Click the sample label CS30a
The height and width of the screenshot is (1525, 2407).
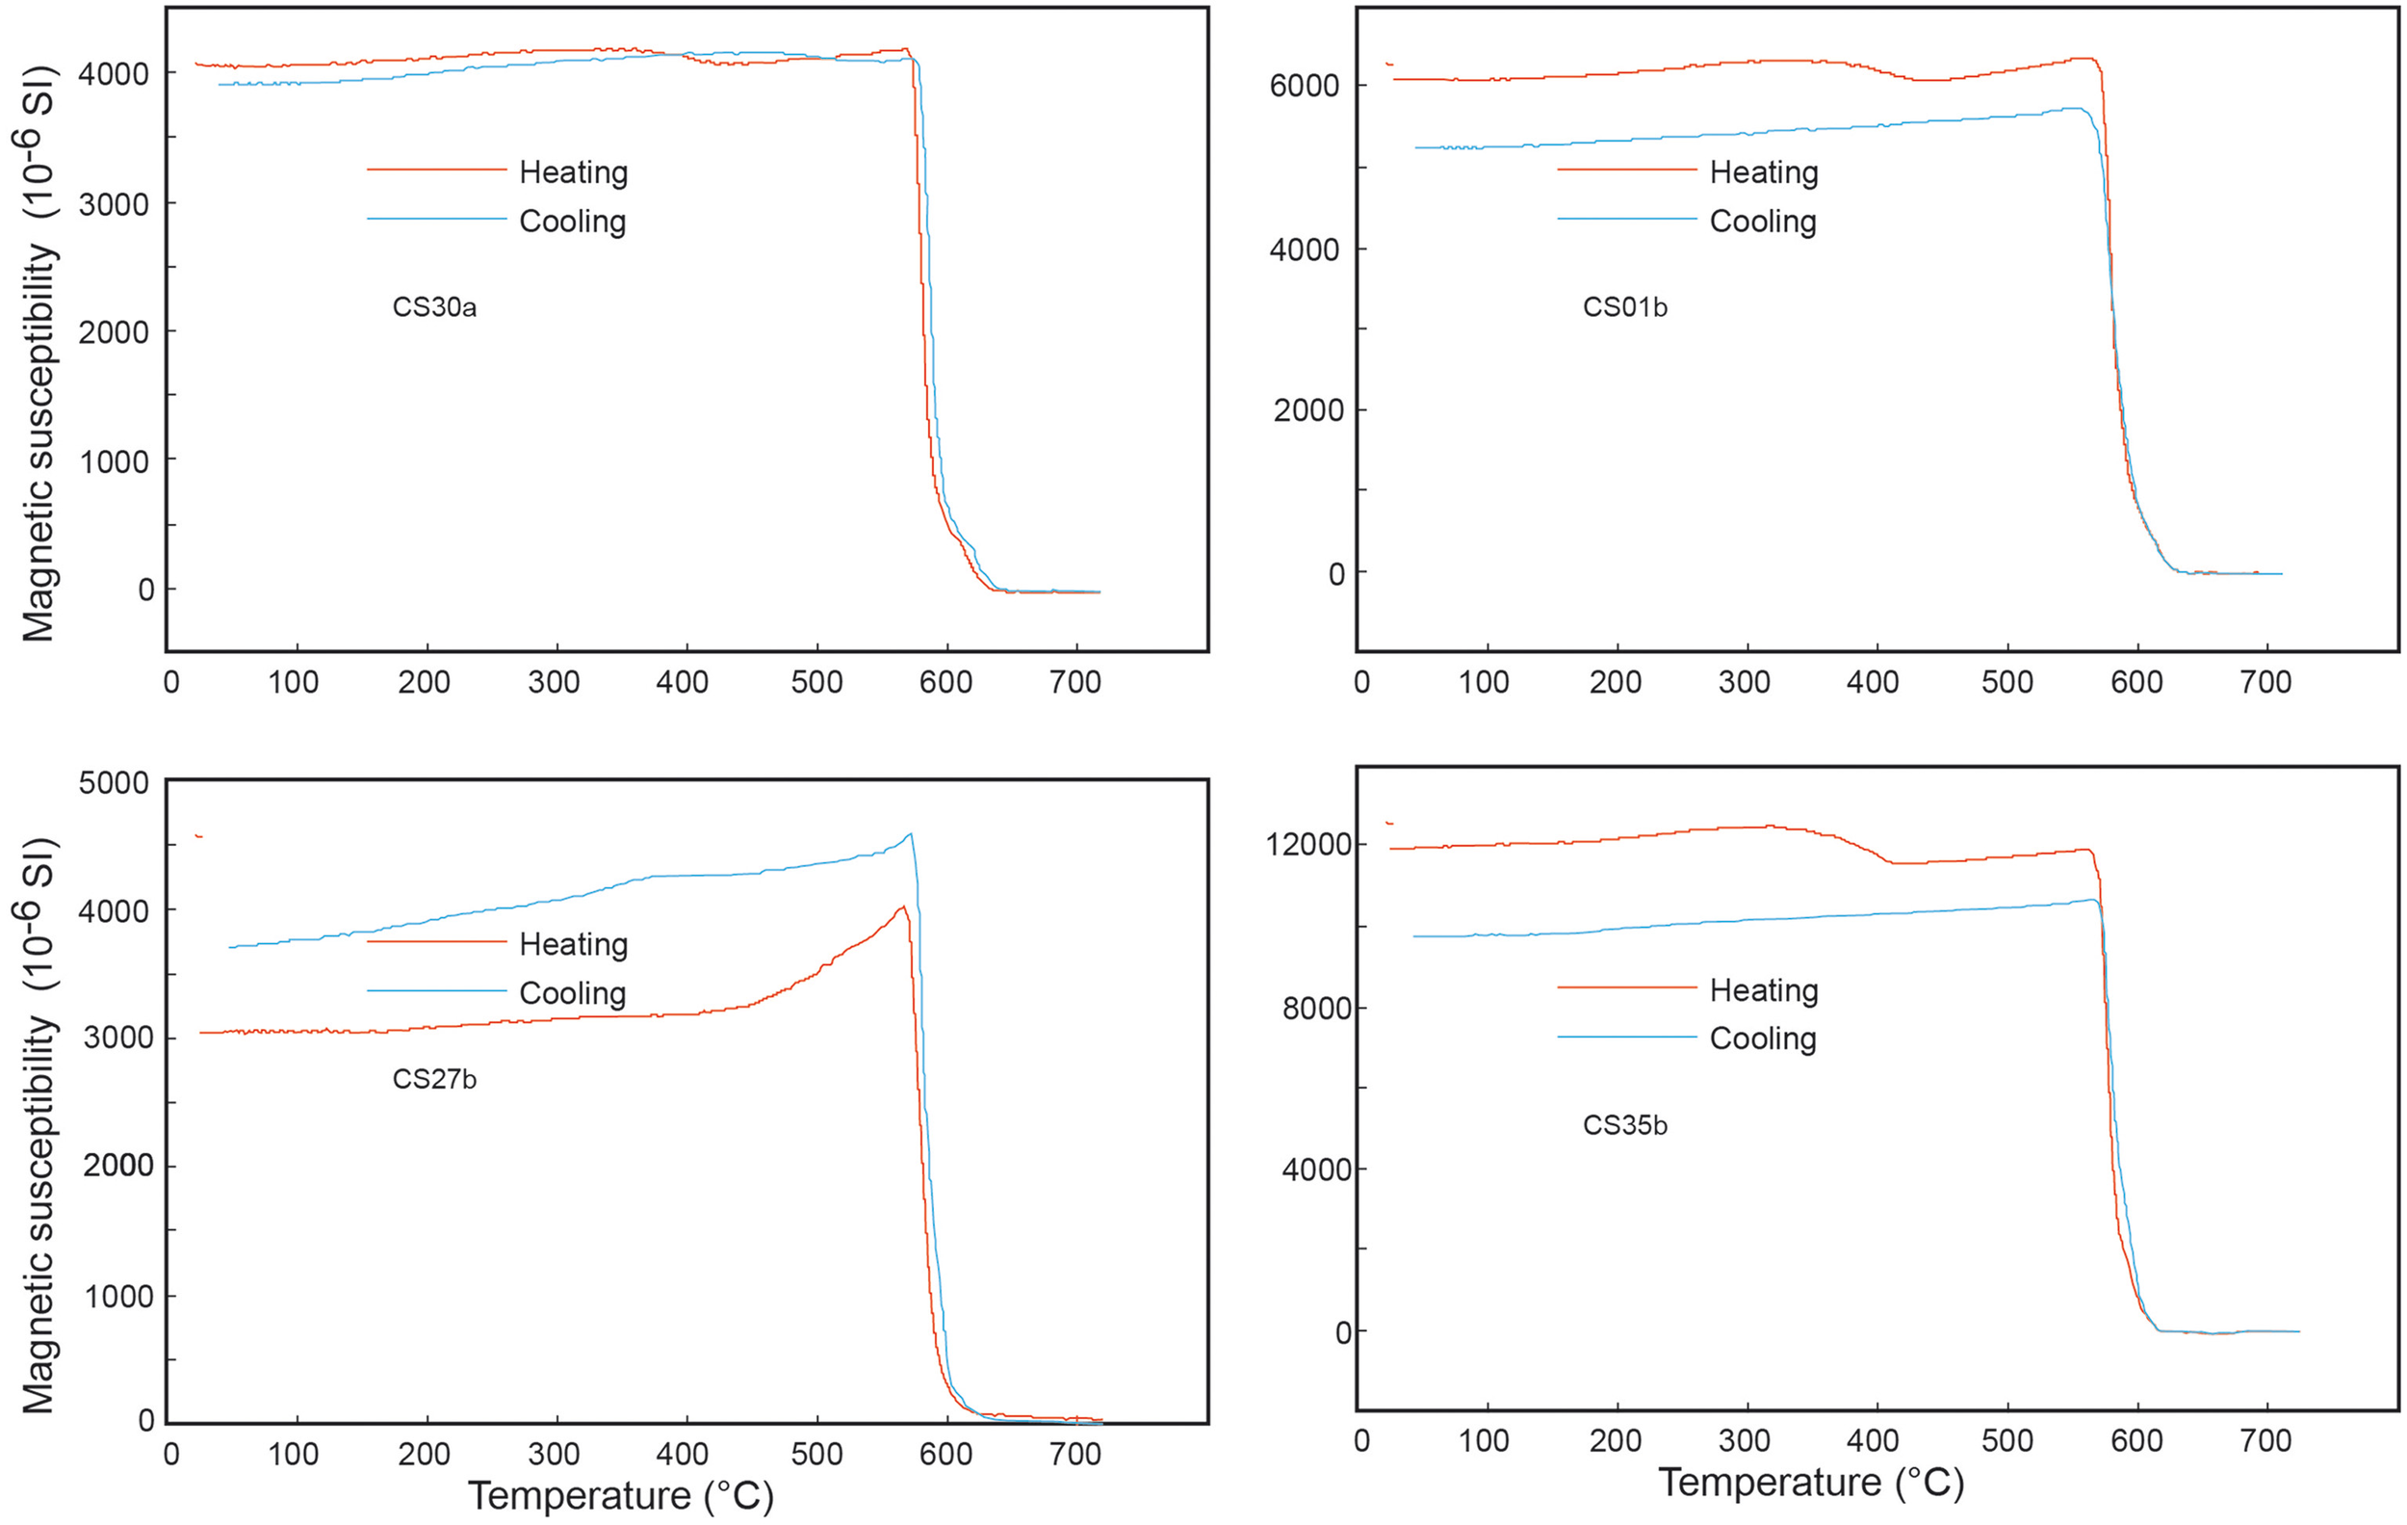(434, 307)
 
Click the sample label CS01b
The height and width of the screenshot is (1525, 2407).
(1624, 307)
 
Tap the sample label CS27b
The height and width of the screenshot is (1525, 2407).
(434, 1079)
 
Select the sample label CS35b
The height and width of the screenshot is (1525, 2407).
(1624, 1125)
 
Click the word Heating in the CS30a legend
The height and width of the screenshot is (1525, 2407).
(573, 172)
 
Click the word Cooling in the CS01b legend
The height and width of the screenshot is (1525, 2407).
(1762, 221)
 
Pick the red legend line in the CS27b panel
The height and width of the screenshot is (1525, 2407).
(437, 942)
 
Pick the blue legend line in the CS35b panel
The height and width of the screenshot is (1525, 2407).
(1626, 1037)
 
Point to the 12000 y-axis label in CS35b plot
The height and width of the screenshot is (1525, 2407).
(1308, 844)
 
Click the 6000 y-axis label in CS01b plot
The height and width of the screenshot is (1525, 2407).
(1304, 86)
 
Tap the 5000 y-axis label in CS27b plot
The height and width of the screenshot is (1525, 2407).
(114, 783)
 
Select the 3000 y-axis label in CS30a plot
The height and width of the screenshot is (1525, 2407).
(114, 204)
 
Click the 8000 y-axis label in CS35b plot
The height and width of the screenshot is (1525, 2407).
(1316, 1008)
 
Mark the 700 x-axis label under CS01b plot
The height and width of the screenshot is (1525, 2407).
(2265, 682)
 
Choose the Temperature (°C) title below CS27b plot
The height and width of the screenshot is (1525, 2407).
(621, 1496)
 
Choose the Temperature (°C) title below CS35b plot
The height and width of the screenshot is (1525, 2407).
(1811, 1482)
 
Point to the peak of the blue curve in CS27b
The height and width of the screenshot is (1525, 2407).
(910, 834)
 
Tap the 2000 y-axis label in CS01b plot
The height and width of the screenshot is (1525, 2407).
(1307, 410)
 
